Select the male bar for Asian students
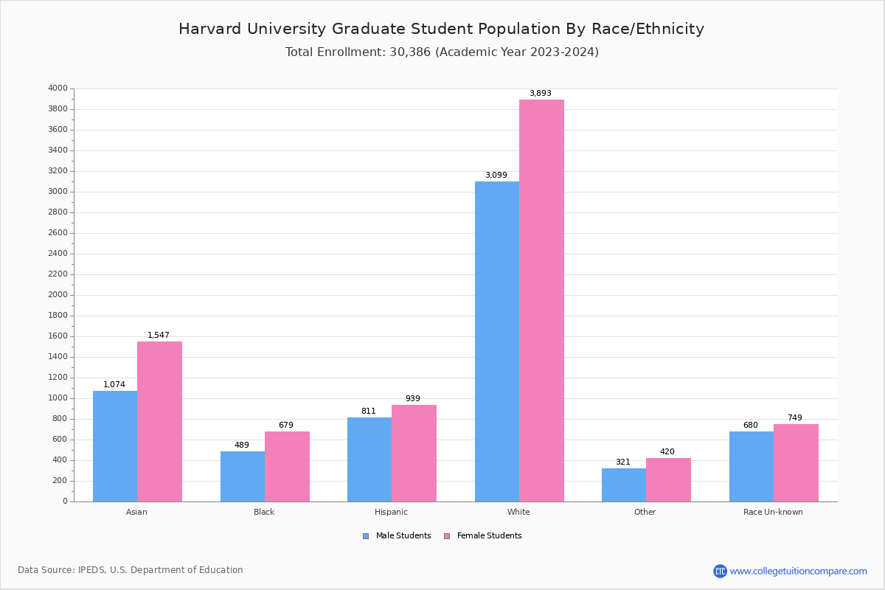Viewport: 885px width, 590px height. tap(115, 446)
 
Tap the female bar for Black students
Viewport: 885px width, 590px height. tap(287, 466)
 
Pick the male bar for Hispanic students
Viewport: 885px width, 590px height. tap(369, 459)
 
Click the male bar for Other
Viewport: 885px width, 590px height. tap(624, 485)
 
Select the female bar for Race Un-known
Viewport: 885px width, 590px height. tap(796, 462)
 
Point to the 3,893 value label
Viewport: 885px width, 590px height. tap(541, 94)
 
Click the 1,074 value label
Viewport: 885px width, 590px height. tap(114, 385)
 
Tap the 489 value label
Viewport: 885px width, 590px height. tap(242, 445)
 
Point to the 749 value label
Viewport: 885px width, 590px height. tap(794, 418)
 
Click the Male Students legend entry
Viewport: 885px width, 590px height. tap(403, 536)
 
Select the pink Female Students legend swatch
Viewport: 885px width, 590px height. tap(447, 536)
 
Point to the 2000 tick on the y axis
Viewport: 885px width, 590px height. tap(58, 295)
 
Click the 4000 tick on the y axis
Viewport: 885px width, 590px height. tap(58, 88)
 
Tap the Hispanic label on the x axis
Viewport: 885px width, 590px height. tap(391, 512)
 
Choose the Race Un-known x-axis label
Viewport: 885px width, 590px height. tap(773, 512)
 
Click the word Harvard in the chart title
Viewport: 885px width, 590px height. tap(213, 29)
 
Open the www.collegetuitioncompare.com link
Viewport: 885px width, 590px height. tap(798, 571)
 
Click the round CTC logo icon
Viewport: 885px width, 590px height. tap(720, 571)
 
